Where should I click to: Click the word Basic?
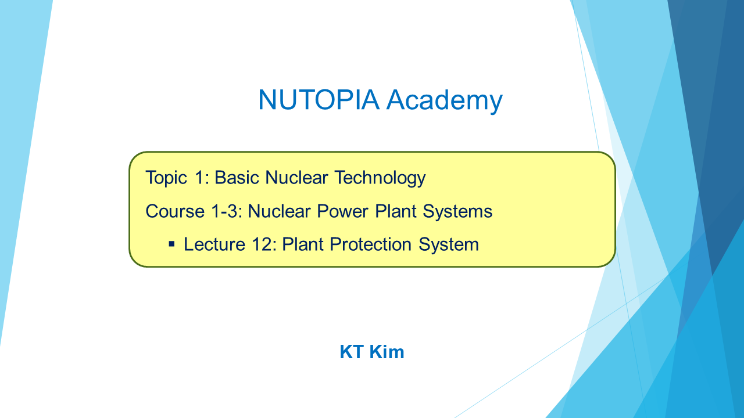click(237, 178)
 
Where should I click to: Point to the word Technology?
click(380, 178)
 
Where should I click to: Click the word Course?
click(175, 211)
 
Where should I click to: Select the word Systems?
click(457, 212)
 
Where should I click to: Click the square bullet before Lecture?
click(171, 244)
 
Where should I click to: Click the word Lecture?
click(214, 244)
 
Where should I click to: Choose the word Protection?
click(371, 244)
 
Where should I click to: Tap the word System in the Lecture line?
click(449, 245)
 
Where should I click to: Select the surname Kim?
click(387, 352)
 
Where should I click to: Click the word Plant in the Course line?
click(396, 211)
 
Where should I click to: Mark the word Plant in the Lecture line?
click(303, 244)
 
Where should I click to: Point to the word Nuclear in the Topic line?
click(296, 178)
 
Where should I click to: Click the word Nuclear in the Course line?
click(279, 211)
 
